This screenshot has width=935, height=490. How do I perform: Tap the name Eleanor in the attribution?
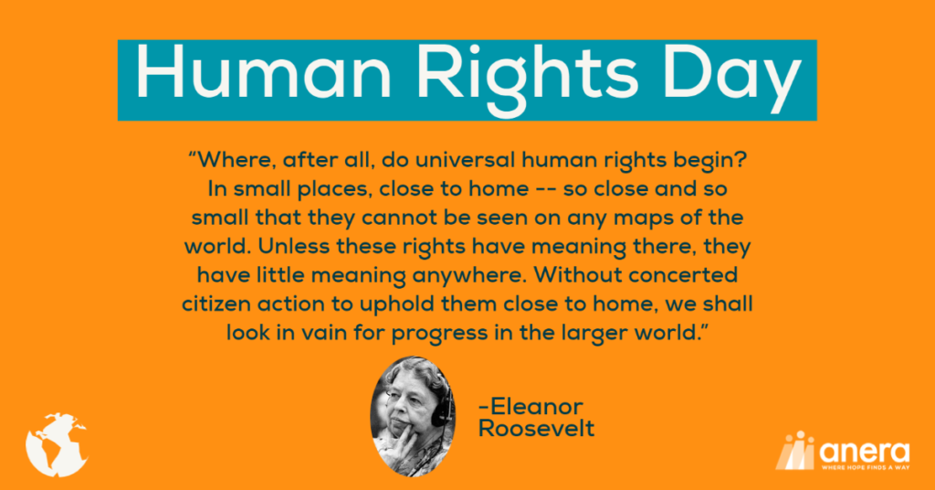coord(531,407)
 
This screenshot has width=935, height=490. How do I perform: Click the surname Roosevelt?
coord(536,429)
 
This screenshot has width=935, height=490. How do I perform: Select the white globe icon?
coord(58,444)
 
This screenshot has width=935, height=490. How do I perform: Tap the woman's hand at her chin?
coord(409,440)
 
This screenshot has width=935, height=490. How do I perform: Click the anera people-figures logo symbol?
coord(795,450)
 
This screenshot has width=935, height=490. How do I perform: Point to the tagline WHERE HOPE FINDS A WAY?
coord(866,467)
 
